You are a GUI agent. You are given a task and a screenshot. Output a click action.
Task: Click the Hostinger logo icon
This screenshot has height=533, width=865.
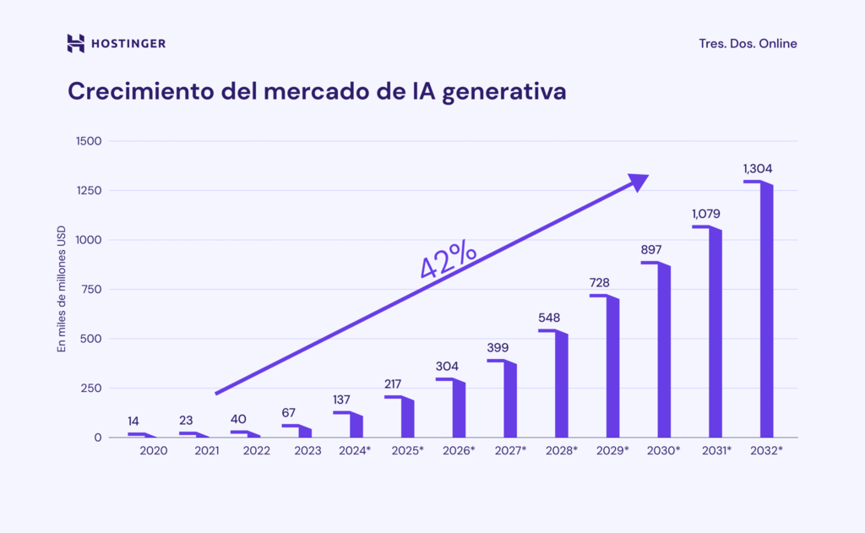point(75,43)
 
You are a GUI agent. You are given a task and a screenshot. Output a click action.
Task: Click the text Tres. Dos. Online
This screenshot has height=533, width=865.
point(748,44)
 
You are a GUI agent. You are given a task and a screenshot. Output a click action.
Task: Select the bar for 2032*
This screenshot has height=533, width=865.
point(766,313)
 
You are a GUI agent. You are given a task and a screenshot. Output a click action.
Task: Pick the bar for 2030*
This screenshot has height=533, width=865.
point(664,353)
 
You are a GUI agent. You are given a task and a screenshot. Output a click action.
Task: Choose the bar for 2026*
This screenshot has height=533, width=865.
point(459,411)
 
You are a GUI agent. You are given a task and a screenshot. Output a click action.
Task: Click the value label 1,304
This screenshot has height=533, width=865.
point(758,169)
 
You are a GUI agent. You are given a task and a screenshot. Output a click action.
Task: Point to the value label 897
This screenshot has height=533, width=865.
point(650,250)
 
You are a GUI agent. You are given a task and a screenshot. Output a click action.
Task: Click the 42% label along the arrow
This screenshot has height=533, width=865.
point(448,260)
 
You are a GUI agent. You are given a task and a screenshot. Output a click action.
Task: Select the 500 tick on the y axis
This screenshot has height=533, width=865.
point(90,339)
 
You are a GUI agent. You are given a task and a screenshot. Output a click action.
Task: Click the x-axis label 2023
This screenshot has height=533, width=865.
point(307,451)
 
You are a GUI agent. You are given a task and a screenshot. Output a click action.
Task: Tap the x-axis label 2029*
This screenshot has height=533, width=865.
point(612,451)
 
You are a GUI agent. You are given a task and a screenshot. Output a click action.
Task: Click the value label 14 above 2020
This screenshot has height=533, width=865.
point(133,422)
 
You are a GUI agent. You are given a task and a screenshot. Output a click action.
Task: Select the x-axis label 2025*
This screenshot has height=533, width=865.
point(407,451)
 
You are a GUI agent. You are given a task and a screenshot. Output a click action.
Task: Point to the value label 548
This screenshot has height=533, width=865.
point(549,318)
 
